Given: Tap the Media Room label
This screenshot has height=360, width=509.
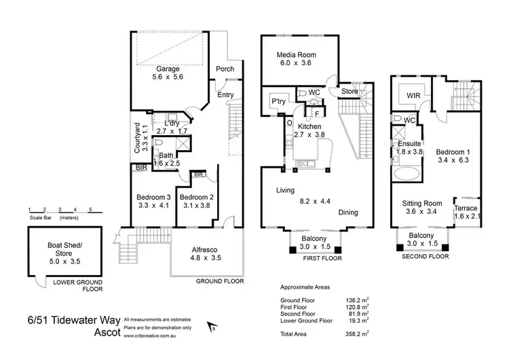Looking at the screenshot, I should (297, 55).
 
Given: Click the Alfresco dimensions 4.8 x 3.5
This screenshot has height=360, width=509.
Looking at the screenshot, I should (206, 258).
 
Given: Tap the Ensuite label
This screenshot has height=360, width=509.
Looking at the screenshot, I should (409, 143).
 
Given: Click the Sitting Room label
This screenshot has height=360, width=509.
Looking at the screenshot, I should (422, 203).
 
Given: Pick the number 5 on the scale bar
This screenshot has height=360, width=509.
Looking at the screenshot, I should (90, 210).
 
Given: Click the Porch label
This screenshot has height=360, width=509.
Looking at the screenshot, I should (225, 69).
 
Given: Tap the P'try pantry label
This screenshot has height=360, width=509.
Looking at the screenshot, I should (278, 98).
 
